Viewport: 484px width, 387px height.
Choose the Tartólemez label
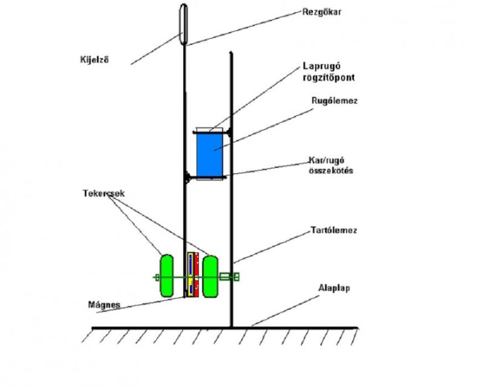tap(332, 231)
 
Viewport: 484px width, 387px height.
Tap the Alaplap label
tap(334, 289)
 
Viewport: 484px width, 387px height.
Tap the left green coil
tap(166, 276)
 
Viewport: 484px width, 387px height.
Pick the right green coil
tap(210, 276)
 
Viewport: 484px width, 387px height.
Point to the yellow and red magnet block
tap(193, 275)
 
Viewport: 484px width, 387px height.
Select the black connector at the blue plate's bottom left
tap(189, 177)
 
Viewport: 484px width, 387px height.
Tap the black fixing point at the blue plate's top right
tap(229, 130)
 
